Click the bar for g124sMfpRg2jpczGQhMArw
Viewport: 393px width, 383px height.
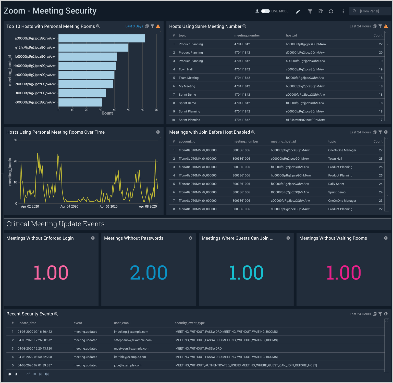93,48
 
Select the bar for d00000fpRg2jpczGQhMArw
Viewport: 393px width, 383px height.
80,102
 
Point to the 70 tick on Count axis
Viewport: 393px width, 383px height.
156,110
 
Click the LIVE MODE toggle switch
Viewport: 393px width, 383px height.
265,11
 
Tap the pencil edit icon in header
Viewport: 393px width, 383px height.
298,11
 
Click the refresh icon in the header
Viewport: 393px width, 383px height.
331,11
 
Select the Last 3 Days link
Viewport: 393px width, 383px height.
134,26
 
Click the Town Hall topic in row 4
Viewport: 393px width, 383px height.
186,69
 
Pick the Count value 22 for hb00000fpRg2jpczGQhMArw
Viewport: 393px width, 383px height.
380,44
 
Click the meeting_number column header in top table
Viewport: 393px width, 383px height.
247,35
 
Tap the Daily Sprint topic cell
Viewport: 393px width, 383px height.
336,184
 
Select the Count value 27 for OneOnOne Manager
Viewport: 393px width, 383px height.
380,150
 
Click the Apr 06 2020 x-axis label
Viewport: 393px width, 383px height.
108,207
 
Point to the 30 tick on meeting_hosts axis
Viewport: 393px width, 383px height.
15,140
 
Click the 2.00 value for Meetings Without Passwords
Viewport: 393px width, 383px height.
149,273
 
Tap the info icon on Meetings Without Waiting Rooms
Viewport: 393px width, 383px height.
386,238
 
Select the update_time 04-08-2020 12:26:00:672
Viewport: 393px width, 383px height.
34,340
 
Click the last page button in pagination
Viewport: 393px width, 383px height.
47,374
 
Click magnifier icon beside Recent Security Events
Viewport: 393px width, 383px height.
56,314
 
